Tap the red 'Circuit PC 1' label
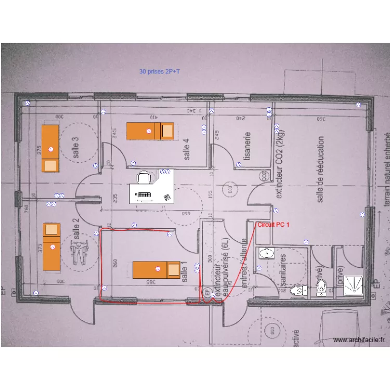point(272,224)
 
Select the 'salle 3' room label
point(76,147)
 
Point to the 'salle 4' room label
point(187,148)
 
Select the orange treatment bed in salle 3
point(50,149)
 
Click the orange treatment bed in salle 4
point(150,131)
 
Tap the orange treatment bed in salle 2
point(51,246)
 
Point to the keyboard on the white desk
point(144,195)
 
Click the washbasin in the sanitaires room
point(267,253)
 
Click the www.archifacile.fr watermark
point(358,340)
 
